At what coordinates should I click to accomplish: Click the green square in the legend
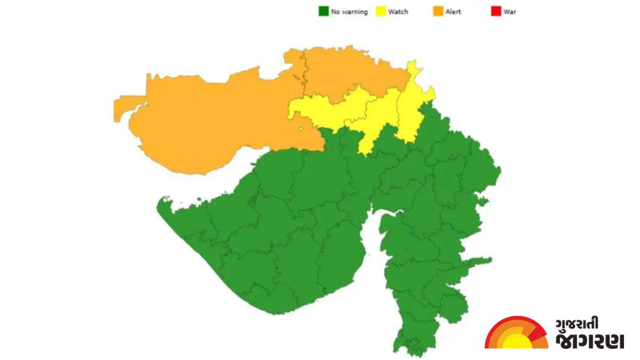(323, 11)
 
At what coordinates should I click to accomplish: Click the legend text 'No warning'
(349, 12)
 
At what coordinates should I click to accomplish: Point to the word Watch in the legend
(398, 12)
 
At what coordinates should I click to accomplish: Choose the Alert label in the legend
(453, 12)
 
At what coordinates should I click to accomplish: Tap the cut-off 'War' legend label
(510, 12)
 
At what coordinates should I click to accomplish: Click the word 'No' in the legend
(335, 12)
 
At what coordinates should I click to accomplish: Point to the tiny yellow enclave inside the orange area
(302, 129)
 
